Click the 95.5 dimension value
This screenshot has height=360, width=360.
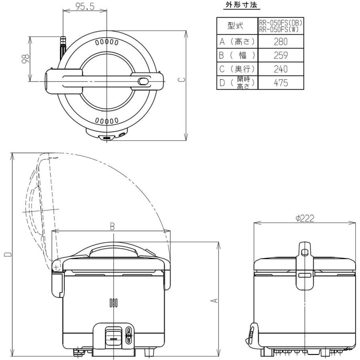coord(85,6)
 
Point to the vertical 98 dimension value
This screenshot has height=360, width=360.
coord(26,58)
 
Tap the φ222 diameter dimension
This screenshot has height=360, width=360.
coord(305,218)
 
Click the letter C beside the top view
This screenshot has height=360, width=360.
coord(182,80)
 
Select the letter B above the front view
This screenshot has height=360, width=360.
coord(112,226)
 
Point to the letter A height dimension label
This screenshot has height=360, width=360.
coord(214,300)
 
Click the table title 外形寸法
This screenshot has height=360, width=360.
coord(242,5)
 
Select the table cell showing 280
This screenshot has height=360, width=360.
coord(280,42)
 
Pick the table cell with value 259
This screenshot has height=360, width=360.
coord(280,55)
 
